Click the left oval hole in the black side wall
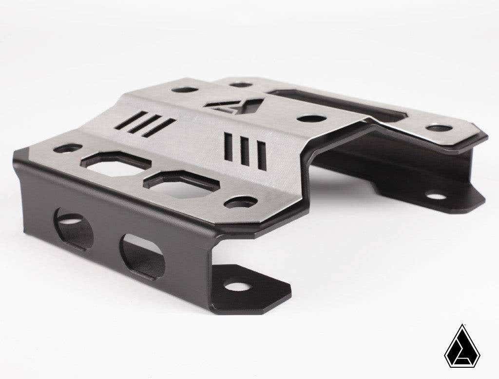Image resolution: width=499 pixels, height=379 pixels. point(74,228)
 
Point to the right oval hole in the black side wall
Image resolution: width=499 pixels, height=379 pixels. point(143,256)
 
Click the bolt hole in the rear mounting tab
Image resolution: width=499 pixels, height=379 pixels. point(436,196)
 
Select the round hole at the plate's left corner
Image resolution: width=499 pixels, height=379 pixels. point(68,148)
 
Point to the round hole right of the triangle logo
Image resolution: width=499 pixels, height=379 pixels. point(311,118)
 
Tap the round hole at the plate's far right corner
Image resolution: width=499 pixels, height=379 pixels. point(439,128)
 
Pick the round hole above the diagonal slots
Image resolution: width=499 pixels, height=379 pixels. point(185,89)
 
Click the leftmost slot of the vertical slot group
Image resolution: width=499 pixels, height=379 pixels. point(228,145)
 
